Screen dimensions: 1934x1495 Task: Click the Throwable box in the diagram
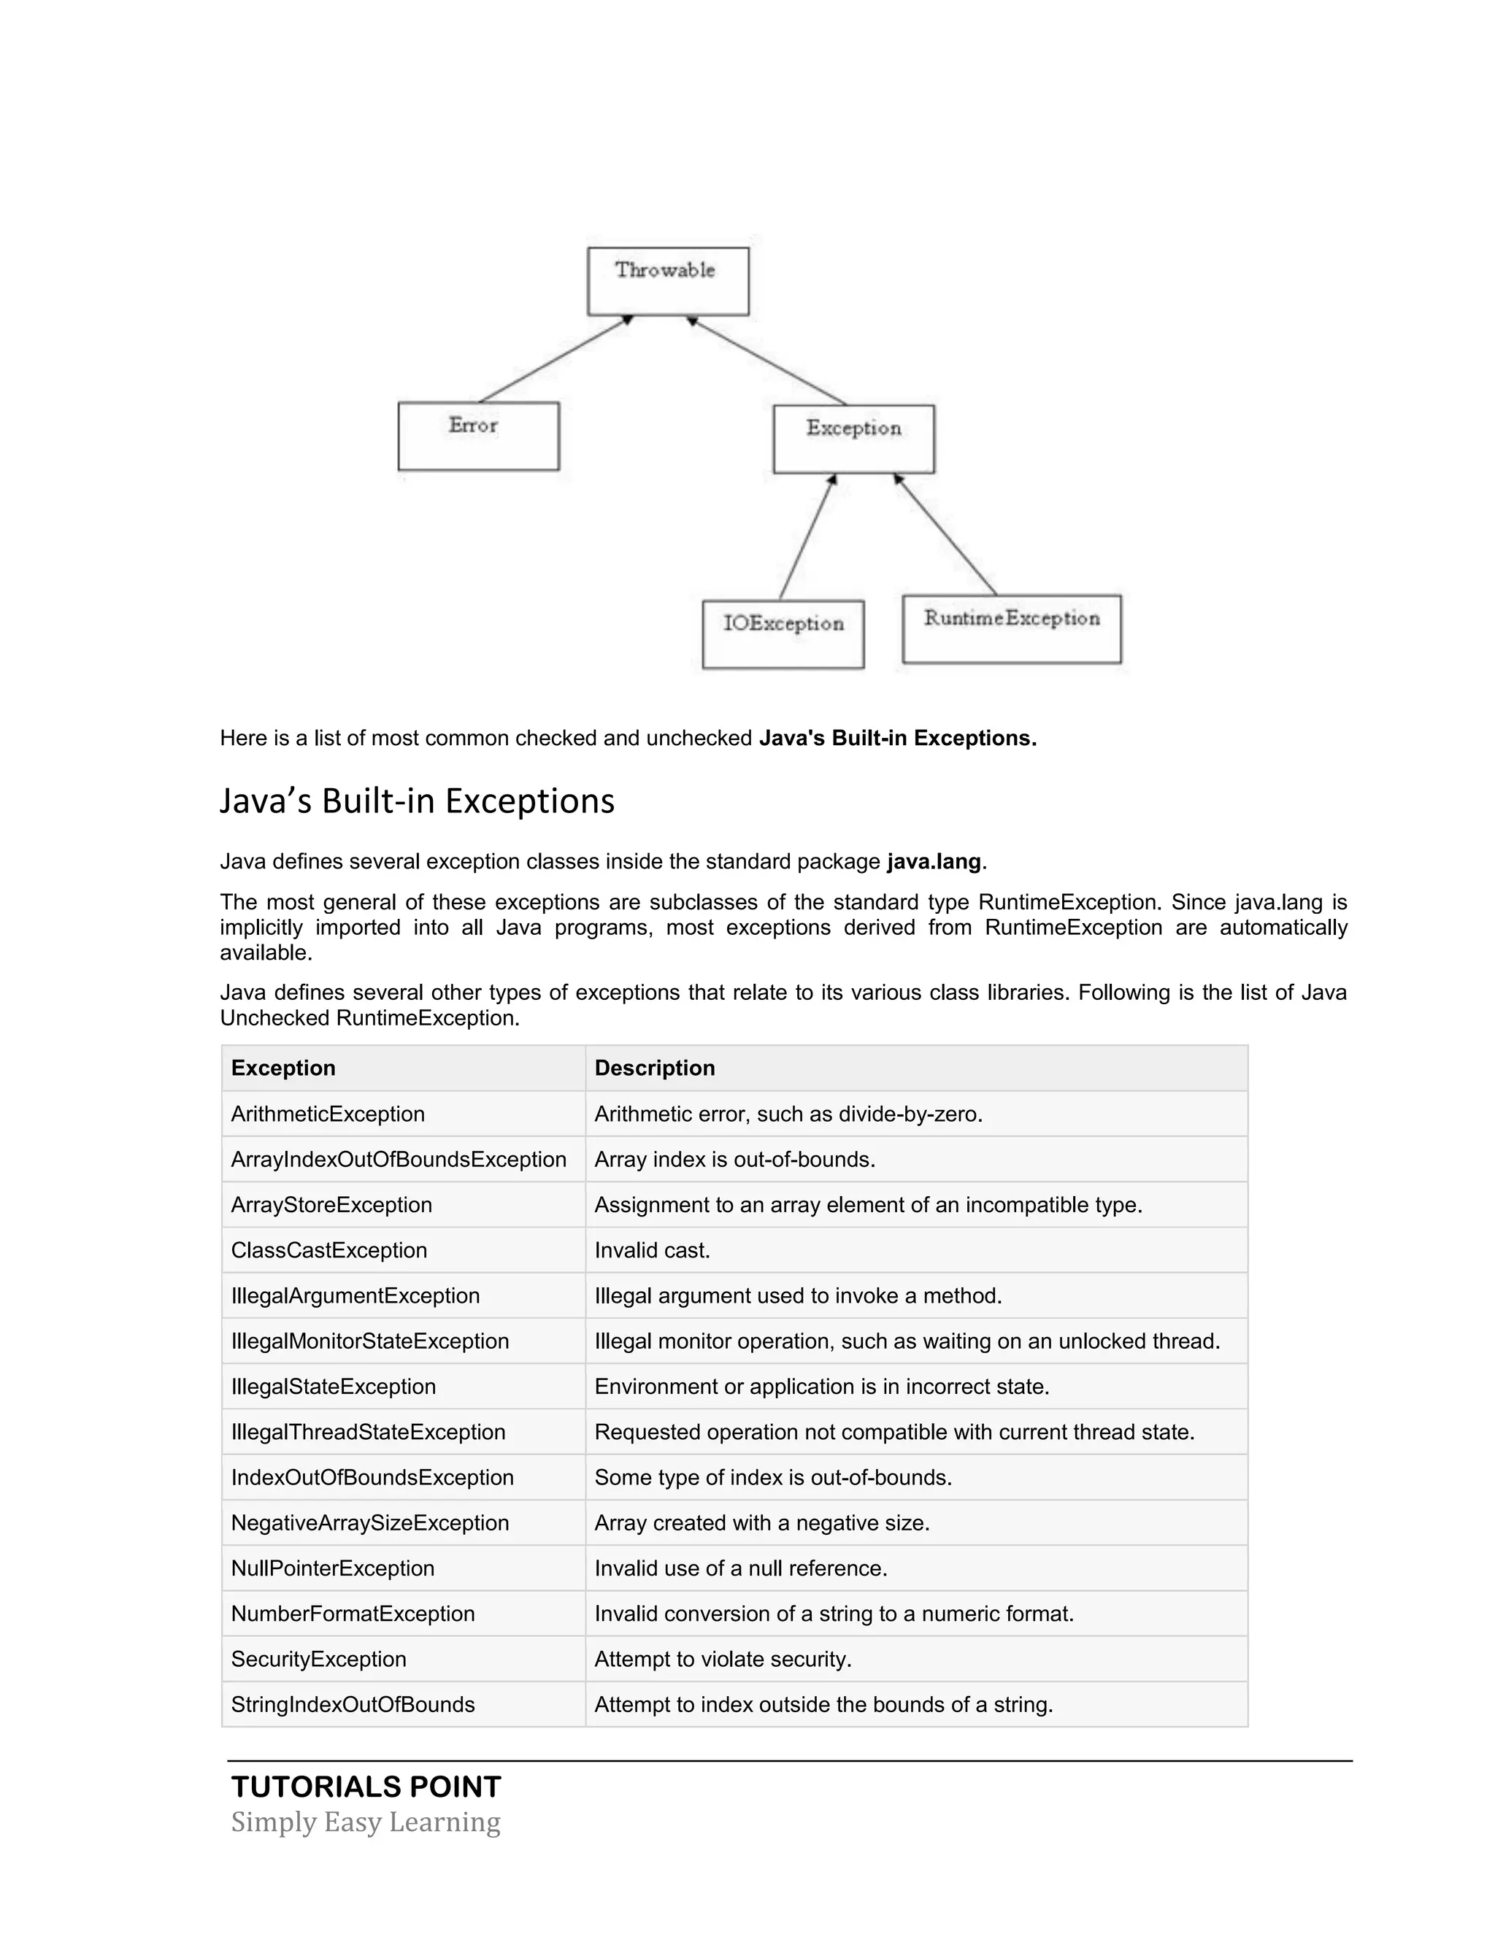pos(668,281)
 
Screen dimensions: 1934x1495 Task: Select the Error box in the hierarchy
pos(478,436)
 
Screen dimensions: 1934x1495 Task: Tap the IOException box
pos(783,633)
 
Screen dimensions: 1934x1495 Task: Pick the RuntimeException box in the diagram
pos(1012,628)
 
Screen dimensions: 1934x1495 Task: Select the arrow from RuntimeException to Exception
pos(946,534)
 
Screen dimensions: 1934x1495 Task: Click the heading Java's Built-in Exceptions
pos(416,801)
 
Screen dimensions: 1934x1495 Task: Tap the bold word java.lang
pos(934,862)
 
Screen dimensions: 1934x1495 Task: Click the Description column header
pos(655,1068)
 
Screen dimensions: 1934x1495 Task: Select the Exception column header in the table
pos(283,1068)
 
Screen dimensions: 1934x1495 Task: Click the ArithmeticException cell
pos(328,1114)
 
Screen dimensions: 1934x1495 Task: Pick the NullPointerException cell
pos(333,1568)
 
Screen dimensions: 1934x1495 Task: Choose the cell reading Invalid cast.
pos(652,1250)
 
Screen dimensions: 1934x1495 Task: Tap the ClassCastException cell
pos(329,1250)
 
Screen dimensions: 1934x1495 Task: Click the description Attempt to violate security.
pos(723,1660)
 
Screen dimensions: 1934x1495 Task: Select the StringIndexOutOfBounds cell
pos(353,1705)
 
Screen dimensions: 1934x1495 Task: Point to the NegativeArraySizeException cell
pos(370,1523)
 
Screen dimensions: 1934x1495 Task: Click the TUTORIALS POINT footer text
pos(366,1787)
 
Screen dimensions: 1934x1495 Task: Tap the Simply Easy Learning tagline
pos(366,1822)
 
